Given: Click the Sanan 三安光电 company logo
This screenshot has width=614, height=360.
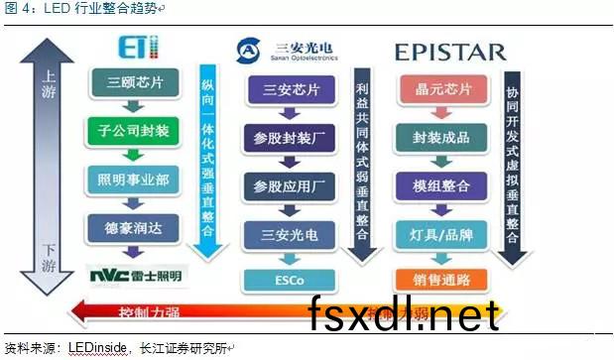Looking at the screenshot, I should point(288,50).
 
